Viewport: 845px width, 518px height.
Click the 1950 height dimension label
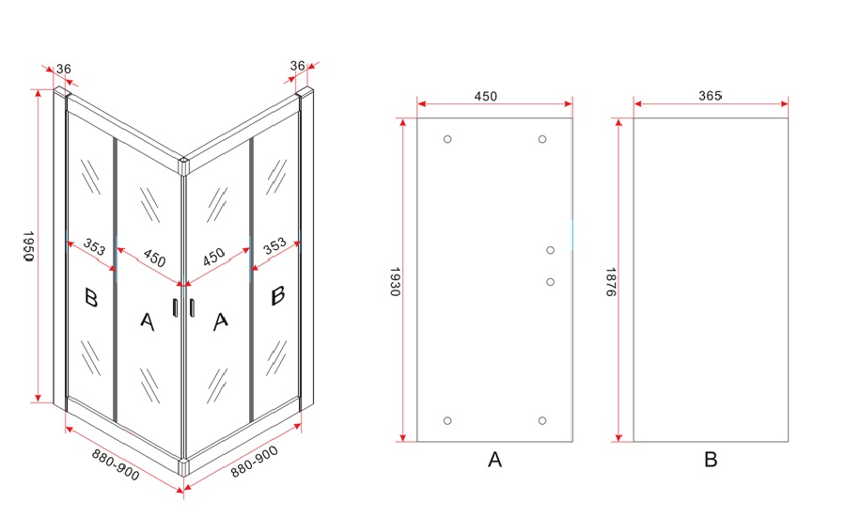28,246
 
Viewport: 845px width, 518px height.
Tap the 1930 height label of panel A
395,281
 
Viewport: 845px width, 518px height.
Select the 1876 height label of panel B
611,281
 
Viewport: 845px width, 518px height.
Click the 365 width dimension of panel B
710,95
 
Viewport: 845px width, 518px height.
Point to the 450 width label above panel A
486,96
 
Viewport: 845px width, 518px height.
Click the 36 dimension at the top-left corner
64,69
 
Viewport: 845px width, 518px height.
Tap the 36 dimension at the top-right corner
297,65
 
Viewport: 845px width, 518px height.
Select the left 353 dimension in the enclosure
94,247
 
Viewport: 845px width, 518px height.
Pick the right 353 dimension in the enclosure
274,245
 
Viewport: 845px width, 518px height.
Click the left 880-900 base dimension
116,464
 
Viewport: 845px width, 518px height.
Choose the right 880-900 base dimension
255,462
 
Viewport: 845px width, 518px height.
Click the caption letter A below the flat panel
494,460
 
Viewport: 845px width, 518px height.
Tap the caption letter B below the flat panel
711,460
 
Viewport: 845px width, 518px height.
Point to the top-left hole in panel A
447,139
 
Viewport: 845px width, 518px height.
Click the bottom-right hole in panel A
542,420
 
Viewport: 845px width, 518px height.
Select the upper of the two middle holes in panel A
550,250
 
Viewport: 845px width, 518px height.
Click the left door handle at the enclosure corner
175,306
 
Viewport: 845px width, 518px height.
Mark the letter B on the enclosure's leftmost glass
91,297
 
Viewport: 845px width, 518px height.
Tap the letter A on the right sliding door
220,322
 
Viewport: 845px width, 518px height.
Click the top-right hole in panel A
542,139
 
